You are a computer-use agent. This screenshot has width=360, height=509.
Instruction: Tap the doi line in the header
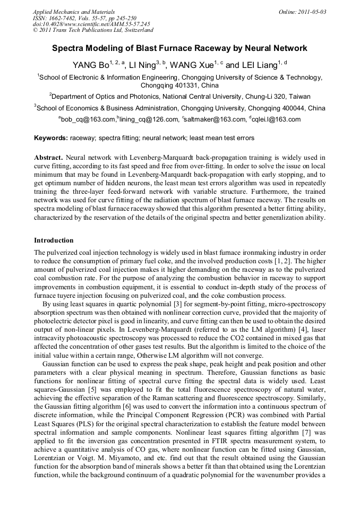pos(91,24)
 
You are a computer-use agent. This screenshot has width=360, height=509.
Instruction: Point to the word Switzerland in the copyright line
pos(135,30)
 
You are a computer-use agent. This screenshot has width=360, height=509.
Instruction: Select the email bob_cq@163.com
pos(89,120)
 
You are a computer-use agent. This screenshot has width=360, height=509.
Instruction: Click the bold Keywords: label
pos(51,138)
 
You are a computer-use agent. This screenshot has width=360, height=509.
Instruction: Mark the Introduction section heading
pos(54,240)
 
